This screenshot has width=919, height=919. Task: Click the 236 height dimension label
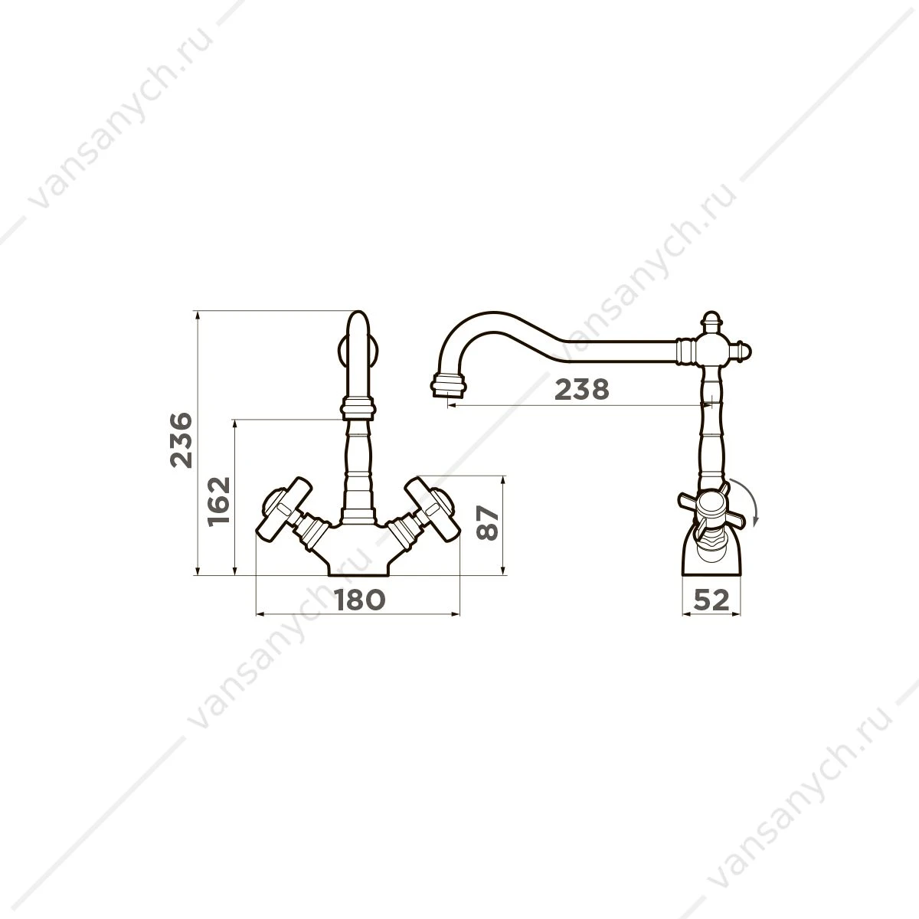point(182,440)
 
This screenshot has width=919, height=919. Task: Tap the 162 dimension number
point(219,501)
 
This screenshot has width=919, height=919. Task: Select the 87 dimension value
point(488,523)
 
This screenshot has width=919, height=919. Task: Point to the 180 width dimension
point(359,600)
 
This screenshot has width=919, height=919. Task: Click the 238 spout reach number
point(582,390)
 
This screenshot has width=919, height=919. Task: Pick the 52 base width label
point(711,600)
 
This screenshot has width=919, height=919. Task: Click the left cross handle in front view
point(284,510)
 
